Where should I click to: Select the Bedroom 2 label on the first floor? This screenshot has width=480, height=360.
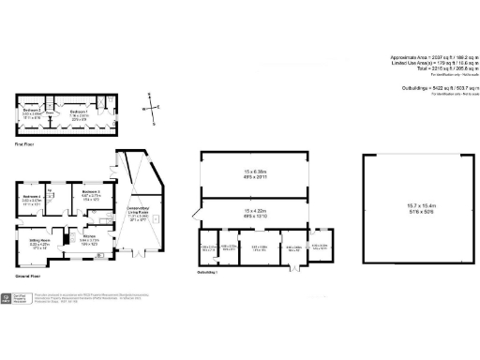coord(33,109)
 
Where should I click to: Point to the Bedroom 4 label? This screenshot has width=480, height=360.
coord(32,195)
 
